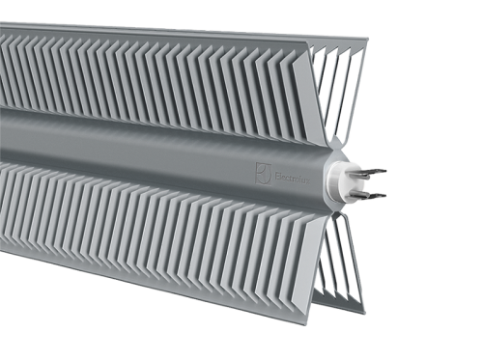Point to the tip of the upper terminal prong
(385, 171)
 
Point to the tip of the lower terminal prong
(384, 196)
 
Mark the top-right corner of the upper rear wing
(368, 40)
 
